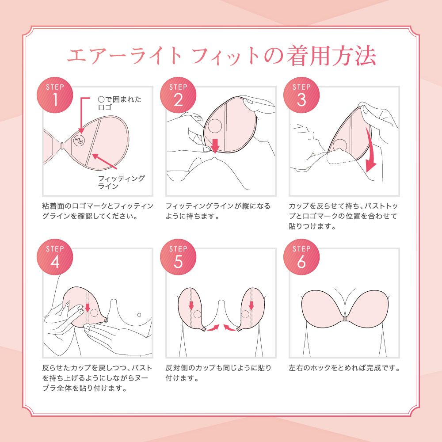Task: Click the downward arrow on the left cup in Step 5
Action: click(191, 305)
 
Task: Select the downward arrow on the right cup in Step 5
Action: click(251, 305)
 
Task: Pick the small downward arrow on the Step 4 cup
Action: click(88, 307)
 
